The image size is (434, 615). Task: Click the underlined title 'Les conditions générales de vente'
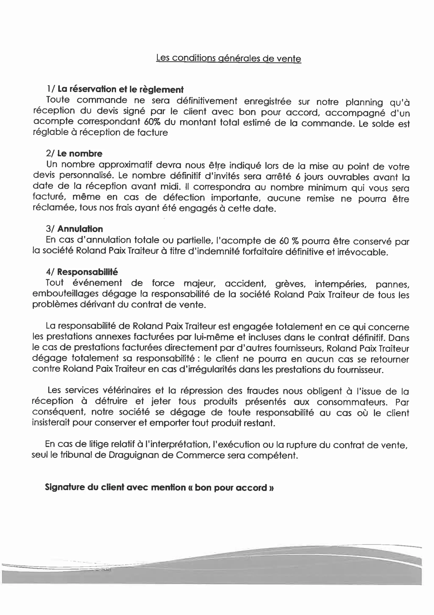(228, 58)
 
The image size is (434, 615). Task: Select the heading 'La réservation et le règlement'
(121, 89)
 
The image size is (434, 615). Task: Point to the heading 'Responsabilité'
(88, 272)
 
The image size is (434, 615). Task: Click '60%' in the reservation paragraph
(152, 122)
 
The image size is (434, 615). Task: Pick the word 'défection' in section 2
(184, 198)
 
